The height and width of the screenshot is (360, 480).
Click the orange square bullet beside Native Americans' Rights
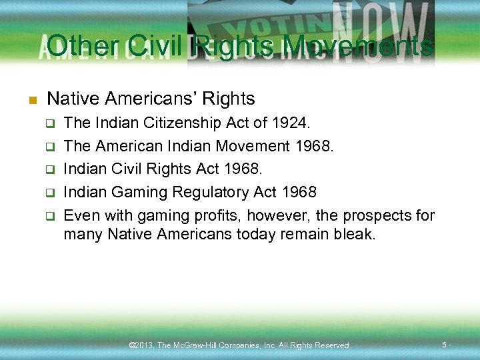pyautogui.click(x=30, y=101)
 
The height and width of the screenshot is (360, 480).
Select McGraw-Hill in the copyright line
pyautogui.click(x=199, y=345)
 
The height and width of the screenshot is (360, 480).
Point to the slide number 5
pyautogui.click(x=444, y=345)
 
